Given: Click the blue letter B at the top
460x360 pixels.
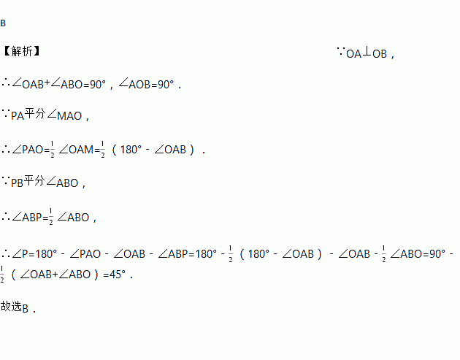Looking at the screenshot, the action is pyautogui.click(x=3, y=23).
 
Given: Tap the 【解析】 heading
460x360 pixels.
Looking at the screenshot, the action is pyautogui.click(x=22, y=52).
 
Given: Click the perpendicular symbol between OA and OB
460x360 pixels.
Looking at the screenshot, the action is pyautogui.click(x=367, y=52).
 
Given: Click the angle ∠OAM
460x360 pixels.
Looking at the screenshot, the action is pyautogui.click(x=77, y=150).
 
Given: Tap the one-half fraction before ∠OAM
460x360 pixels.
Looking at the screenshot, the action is pyautogui.click(x=52, y=149).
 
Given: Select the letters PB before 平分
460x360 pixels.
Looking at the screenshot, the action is pyautogui.click(x=18, y=183).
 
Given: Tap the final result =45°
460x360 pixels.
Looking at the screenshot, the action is pyautogui.click(x=116, y=275).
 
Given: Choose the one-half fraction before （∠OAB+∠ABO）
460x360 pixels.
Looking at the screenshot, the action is pyautogui.click(x=3, y=275).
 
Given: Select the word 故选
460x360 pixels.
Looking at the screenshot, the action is pyautogui.click(x=11, y=307).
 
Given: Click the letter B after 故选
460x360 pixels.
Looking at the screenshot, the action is pyautogui.click(x=25, y=309).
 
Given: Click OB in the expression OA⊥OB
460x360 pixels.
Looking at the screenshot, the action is pyautogui.click(x=380, y=53).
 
